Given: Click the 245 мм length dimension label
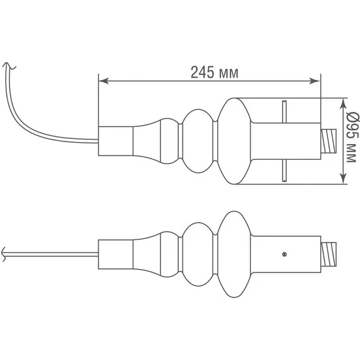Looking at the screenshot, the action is click(x=215, y=73).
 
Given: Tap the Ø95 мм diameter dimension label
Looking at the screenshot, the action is click(x=352, y=137).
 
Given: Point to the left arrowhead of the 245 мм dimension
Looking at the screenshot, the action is click(x=104, y=81).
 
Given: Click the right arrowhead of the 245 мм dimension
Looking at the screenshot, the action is click(x=315, y=81).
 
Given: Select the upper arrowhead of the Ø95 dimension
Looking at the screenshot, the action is click(x=343, y=105).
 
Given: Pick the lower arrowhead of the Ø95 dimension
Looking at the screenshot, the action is click(x=343, y=178).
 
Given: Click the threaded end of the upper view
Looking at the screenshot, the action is click(x=328, y=141).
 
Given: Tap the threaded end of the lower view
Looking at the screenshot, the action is click(x=328, y=255).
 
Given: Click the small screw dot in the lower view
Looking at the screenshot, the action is click(x=284, y=254).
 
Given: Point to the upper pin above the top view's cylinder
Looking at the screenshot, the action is click(x=284, y=112).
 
